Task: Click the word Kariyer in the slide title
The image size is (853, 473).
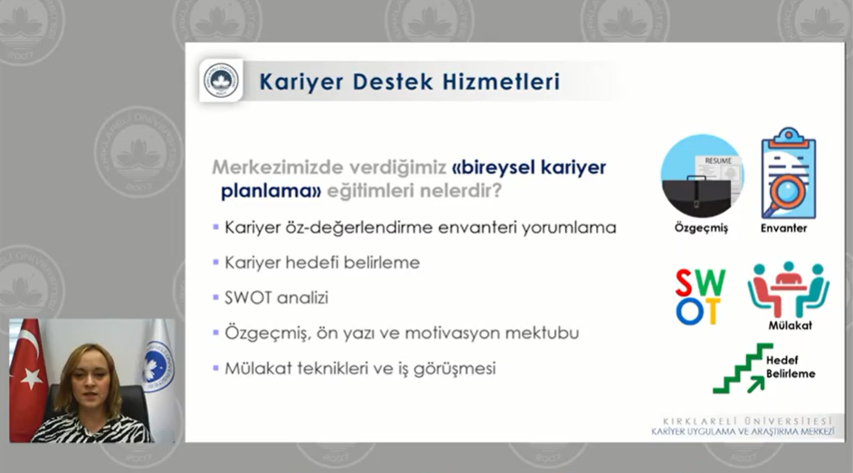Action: point(301,82)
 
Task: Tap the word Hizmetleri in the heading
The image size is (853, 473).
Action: point(501,82)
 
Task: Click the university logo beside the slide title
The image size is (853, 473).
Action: point(221,81)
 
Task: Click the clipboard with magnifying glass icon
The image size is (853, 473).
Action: point(789,173)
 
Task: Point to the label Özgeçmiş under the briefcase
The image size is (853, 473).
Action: point(701,227)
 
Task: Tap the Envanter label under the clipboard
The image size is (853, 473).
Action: point(783,228)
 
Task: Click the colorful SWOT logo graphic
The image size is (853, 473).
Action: point(700,296)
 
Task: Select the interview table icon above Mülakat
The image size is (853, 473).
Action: point(789,288)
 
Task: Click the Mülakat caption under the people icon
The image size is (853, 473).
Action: point(790,325)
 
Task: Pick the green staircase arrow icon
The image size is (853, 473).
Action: point(743,369)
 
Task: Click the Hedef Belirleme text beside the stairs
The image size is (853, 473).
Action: point(791,367)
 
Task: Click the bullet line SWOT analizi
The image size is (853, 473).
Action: point(276,298)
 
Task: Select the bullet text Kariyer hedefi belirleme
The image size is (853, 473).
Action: point(322,263)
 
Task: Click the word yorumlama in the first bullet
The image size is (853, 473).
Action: point(569,227)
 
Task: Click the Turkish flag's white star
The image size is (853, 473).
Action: point(33,377)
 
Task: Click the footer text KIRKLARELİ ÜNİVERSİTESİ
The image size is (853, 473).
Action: point(747,421)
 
